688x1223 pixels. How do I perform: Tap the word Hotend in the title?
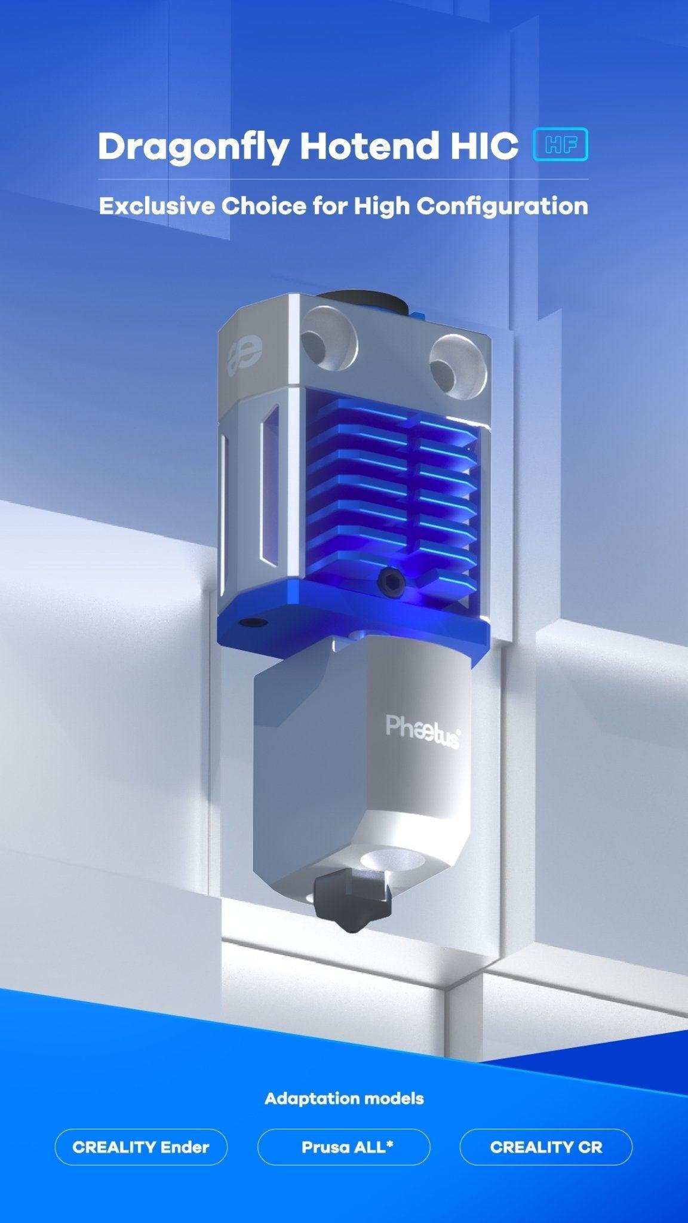click(368, 146)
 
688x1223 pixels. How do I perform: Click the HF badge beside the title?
click(560, 145)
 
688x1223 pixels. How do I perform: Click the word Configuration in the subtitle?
click(502, 207)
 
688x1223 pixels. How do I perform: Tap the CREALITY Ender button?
click(141, 1147)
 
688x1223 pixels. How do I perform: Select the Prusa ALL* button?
click(343, 1147)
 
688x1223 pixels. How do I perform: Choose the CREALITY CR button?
click(546, 1147)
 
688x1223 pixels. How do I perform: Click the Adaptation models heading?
click(344, 1098)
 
